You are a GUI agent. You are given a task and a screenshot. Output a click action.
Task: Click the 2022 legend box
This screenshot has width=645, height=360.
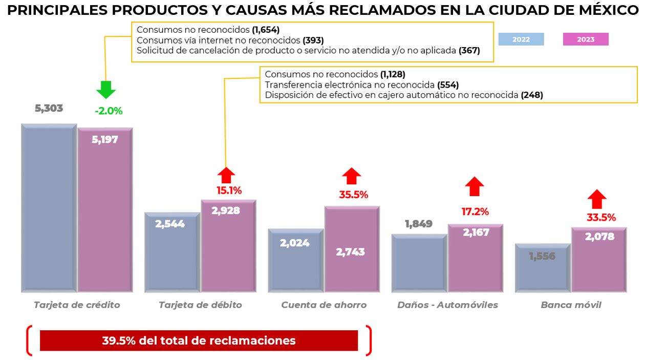[521, 39]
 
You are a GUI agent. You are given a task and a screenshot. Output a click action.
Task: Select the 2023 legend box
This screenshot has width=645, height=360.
[585, 39]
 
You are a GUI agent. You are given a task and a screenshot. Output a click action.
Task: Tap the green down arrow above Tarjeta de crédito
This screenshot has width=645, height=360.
[106, 90]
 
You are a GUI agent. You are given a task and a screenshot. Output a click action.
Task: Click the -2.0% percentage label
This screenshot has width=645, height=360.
[109, 111]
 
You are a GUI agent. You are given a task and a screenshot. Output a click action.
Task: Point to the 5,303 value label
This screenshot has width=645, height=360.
[49, 109]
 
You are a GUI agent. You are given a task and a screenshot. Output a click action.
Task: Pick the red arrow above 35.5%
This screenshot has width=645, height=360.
[351, 176]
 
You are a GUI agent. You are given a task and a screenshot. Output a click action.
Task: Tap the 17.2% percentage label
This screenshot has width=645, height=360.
[475, 211]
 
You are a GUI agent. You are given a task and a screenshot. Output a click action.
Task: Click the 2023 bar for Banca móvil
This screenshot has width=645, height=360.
[599, 261]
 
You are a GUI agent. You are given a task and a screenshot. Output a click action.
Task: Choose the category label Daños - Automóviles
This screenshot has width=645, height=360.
[447, 305]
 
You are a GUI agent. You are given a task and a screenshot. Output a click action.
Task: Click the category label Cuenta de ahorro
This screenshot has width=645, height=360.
[324, 305]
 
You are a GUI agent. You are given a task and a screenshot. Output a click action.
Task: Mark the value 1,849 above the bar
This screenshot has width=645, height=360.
[418, 224]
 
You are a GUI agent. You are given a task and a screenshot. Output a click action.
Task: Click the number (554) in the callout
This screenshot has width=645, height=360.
[448, 84]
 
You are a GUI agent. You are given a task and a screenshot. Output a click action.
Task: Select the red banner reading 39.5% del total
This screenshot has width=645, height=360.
[199, 341]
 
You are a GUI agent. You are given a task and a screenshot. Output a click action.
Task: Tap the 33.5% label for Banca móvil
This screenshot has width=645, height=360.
[601, 218]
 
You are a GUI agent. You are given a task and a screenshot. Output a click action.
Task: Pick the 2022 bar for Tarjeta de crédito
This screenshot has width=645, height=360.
[49, 207]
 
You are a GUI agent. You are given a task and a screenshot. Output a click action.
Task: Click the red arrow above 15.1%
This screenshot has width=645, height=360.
[226, 176]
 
